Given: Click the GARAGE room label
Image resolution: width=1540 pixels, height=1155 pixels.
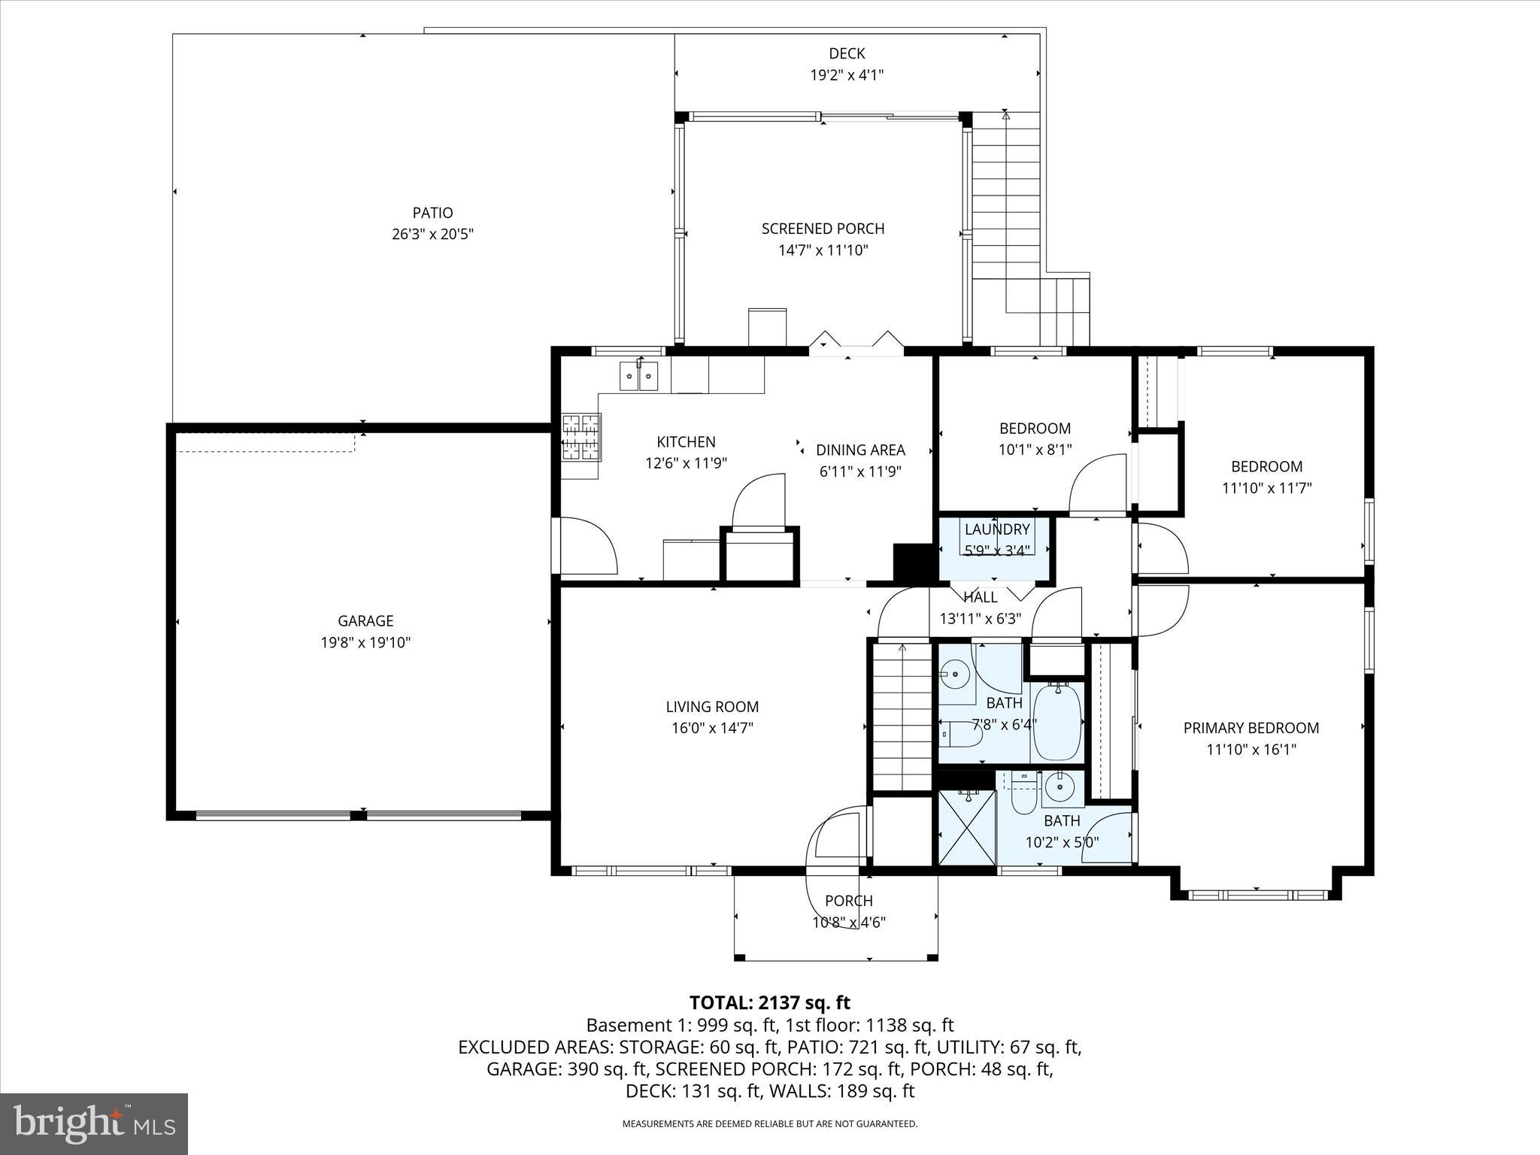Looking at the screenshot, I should pyautogui.click(x=365, y=620).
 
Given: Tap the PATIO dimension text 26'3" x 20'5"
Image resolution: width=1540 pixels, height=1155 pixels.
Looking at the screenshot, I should pyautogui.click(x=432, y=234).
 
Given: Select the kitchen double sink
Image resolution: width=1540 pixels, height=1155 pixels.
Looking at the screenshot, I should pyautogui.click(x=638, y=375).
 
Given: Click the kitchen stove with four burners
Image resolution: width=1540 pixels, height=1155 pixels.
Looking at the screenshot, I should pyautogui.click(x=581, y=437).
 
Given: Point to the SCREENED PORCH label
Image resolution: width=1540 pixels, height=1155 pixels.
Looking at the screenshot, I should pyautogui.click(x=823, y=229).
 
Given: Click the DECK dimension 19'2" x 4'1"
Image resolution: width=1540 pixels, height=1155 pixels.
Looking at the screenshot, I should pyautogui.click(x=847, y=75).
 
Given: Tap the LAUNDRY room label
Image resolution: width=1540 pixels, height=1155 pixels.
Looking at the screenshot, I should pyautogui.click(x=996, y=529).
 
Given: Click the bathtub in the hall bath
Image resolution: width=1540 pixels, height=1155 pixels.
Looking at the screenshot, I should pyautogui.click(x=1057, y=722).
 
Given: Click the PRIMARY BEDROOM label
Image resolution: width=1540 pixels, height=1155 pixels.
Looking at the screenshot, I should pyautogui.click(x=1251, y=727).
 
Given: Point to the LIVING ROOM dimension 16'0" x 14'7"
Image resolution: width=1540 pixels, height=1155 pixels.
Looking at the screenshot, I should pyautogui.click(x=712, y=728).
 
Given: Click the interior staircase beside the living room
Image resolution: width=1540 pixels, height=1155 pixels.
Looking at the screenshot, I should pyautogui.click(x=902, y=714).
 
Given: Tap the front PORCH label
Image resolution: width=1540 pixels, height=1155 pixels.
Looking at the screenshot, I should pyautogui.click(x=848, y=900).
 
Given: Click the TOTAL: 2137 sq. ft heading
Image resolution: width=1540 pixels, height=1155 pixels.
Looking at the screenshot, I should pyautogui.click(x=769, y=1002).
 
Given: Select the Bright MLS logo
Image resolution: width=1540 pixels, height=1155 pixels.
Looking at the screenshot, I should pyautogui.click(x=94, y=1123).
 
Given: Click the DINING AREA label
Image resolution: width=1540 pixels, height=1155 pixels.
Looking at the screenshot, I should pyautogui.click(x=860, y=450).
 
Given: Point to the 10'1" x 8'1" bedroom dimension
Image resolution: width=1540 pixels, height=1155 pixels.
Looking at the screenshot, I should pyautogui.click(x=1035, y=450).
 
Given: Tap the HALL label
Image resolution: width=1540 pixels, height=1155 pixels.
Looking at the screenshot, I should pyautogui.click(x=981, y=597).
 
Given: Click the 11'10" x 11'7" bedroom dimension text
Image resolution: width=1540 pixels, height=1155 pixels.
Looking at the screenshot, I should pyautogui.click(x=1266, y=488).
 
